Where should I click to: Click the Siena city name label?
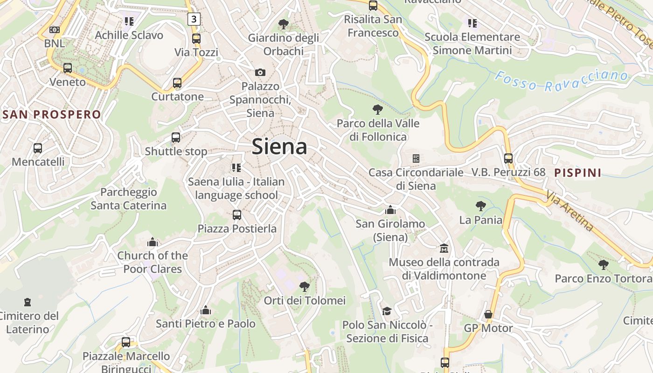279,147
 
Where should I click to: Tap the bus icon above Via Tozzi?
196,39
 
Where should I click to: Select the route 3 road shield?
194,19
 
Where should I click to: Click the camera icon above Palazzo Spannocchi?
260,72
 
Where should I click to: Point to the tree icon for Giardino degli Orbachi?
283,24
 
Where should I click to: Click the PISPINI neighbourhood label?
578,173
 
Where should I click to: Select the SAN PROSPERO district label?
51,115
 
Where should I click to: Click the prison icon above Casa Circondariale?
416,159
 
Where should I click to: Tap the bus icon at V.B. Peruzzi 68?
508,159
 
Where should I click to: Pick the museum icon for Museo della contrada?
444,248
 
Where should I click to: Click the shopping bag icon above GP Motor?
488,315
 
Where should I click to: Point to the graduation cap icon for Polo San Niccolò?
387,311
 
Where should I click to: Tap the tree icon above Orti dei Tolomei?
305,286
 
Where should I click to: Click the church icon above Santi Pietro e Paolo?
206,310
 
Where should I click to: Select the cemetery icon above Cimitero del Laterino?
28,302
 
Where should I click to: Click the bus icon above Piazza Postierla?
237,215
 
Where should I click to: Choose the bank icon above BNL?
55,30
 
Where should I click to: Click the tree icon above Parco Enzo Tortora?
603,265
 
